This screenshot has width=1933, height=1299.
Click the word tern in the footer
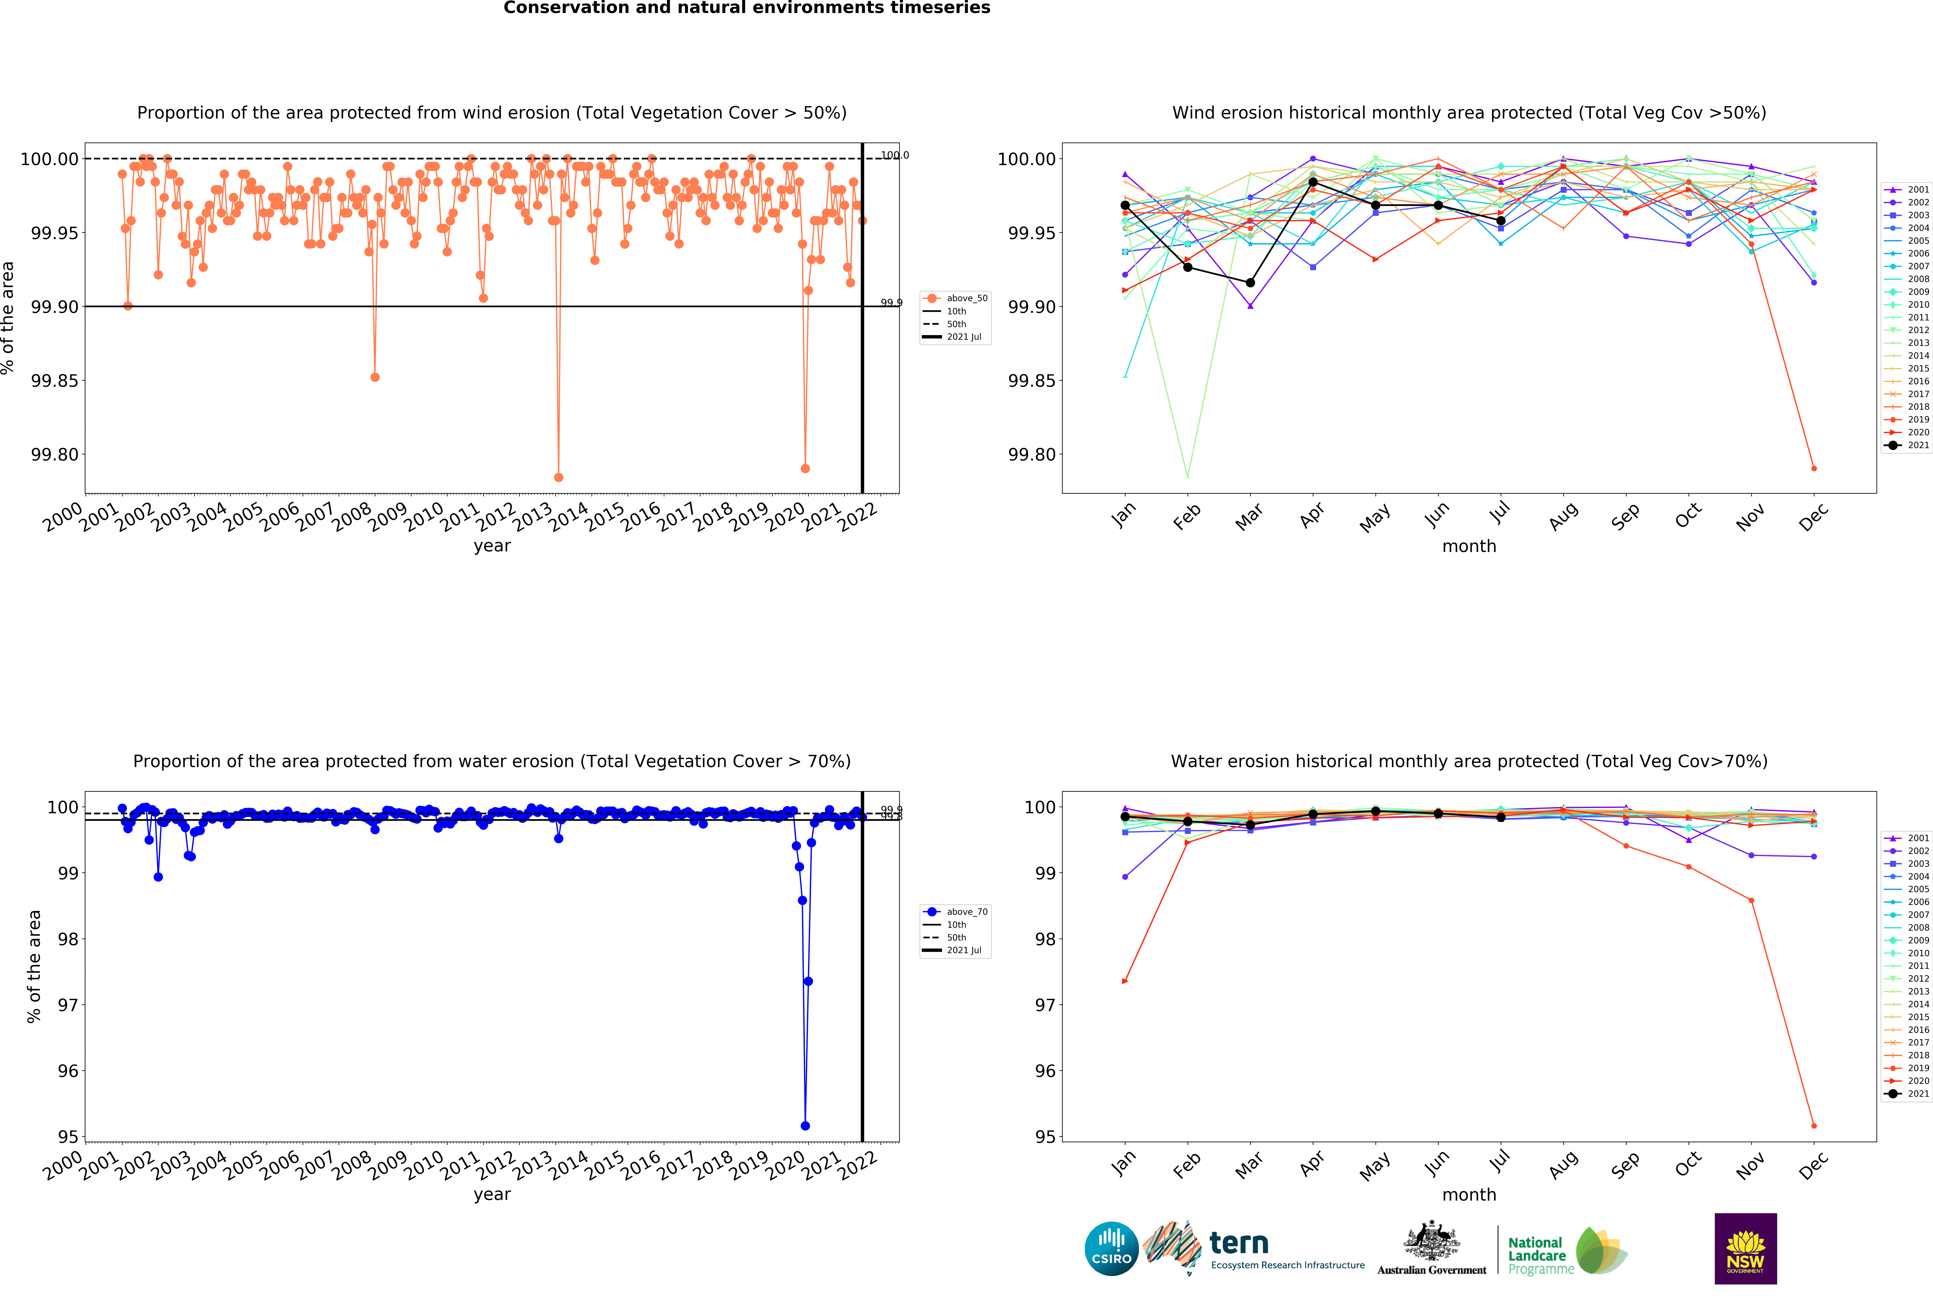[x=1239, y=1243]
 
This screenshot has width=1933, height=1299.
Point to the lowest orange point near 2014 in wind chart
[x=558, y=477]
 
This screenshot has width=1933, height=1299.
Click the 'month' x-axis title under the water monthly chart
[x=1469, y=1195]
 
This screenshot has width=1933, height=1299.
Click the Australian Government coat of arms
[x=1431, y=1240]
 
